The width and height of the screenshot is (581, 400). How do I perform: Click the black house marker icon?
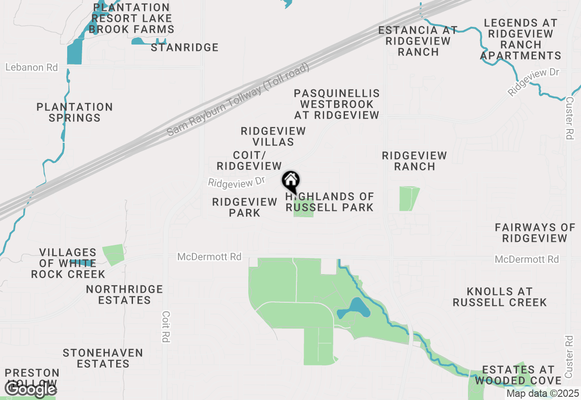(x=291, y=181)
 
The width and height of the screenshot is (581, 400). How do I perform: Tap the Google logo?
(x=30, y=389)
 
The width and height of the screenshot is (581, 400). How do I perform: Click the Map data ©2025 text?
(x=542, y=393)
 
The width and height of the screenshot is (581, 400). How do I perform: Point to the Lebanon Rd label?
(x=32, y=67)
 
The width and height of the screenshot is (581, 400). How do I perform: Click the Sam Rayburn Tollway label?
(x=238, y=100)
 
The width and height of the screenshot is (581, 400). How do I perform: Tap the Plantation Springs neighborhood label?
(x=75, y=112)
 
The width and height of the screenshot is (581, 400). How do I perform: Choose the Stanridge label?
(x=185, y=47)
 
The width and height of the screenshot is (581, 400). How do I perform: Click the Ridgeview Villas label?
(x=273, y=136)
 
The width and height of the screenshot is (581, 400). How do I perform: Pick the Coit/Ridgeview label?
(x=249, y=160)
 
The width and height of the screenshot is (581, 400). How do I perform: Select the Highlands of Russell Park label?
(x=330, y=202)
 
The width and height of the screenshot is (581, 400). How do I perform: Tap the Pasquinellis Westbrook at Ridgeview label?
(x=337, y=104)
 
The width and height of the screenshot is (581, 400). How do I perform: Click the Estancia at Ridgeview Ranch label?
(x=418, y=41)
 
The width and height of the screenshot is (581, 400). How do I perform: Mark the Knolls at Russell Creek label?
(x=500, y=297)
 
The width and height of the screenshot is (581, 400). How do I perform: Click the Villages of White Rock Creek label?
(x=68, y=263)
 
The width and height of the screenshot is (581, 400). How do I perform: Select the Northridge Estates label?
(x=124, y=295)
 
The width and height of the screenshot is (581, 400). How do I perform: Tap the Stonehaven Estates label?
(x=103, y=358)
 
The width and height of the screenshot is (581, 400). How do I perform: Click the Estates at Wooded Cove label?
(x=518, y=375)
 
